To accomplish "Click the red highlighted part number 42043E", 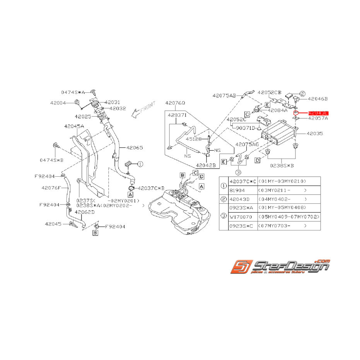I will (318, 113).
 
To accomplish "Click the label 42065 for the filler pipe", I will (133, 147).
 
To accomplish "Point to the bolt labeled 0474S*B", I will (56, 146).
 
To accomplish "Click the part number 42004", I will (58, 103).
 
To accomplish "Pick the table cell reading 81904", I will (238, 190).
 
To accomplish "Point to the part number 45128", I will (193, 139).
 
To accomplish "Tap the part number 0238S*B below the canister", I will (282, 165).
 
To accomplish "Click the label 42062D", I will (85, 212).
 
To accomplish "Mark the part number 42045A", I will (74, 126).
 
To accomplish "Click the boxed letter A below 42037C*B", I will (130, 194).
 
